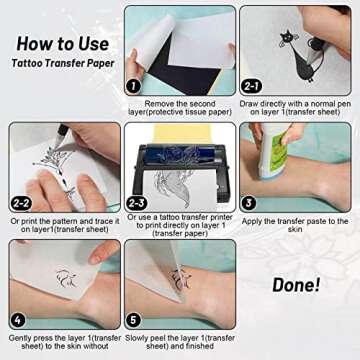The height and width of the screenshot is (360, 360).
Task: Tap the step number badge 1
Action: click(134, 86)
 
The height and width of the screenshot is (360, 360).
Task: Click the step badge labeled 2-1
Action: click(252, 86)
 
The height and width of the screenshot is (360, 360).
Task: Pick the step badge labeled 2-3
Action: click(137, 202)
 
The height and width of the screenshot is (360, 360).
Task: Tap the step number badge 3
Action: click(250, 202)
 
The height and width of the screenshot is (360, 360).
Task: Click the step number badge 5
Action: click(134, 320)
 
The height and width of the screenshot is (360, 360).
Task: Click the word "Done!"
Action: click(297, 284)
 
